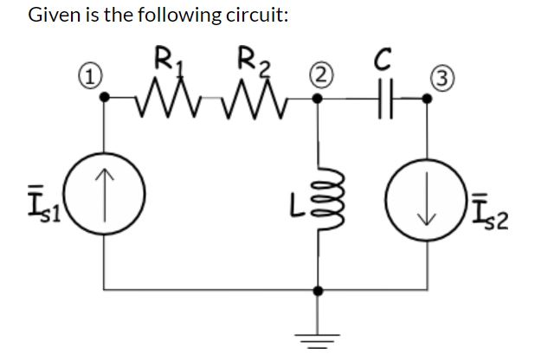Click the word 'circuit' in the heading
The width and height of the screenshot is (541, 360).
coord(247,16)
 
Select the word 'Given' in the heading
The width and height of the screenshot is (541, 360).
coord(55,16)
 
